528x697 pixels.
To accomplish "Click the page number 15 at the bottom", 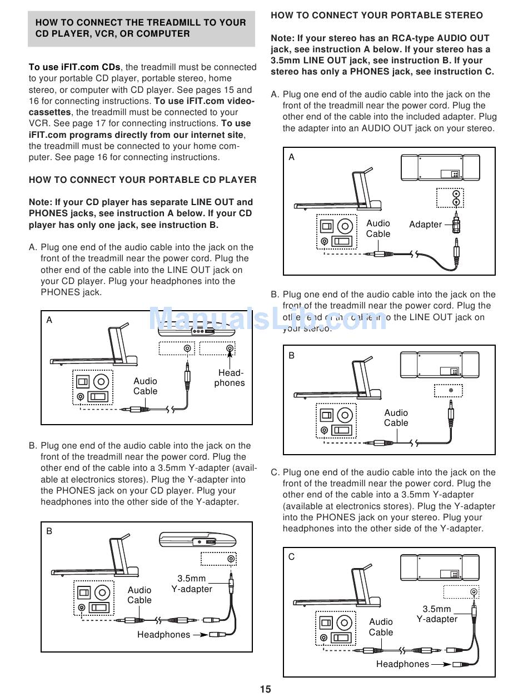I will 265,689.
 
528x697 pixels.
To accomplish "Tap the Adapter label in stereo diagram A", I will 425,225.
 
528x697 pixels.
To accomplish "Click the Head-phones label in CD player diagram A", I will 229,378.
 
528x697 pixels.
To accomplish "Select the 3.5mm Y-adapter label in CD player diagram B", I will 192,584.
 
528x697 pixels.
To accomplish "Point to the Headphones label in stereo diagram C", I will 402,664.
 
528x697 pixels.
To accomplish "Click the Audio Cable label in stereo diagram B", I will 396,417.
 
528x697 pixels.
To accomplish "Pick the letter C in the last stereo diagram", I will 292,557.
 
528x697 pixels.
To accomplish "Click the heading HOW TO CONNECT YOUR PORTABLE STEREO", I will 377,16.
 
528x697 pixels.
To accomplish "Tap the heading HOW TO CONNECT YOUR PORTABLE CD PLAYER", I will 143,180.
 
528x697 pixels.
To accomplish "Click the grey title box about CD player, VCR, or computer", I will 141,28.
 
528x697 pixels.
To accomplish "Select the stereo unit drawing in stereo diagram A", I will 441,167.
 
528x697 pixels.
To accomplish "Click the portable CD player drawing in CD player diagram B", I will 198,540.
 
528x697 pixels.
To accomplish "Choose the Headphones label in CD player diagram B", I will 163,634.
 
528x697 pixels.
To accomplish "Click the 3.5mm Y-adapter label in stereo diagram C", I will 437,614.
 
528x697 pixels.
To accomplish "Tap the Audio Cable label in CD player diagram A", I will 145,386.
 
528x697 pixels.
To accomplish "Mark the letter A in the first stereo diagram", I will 292,157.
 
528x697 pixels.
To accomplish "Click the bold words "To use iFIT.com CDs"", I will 74,67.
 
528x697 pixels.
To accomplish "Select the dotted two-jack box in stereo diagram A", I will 450,197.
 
